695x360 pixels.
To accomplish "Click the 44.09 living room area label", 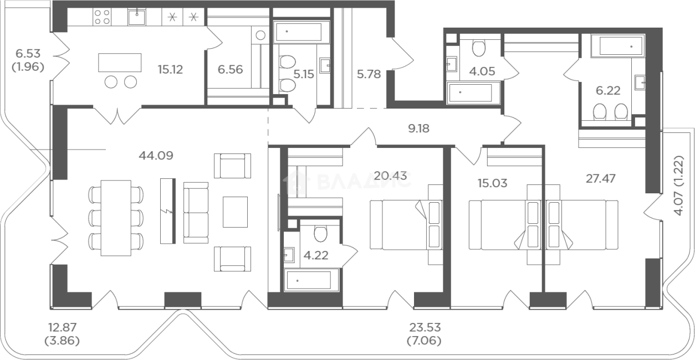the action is [x=156, y=155].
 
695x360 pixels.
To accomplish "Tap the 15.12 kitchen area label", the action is [x=170, y=69].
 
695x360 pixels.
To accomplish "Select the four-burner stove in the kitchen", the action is [x=103, y=17].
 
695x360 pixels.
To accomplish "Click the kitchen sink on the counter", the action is [x=136, y=17].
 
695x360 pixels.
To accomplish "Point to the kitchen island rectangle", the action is [x=120, y=63].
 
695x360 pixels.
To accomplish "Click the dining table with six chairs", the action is [x=116, y=218].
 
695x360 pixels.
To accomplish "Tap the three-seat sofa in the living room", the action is [x=196, y=213].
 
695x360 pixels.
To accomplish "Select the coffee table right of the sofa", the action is [x=235, y=212].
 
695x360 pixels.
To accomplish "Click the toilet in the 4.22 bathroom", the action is [x=320, y=233].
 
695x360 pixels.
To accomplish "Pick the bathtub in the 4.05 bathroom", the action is [x=469, y=92].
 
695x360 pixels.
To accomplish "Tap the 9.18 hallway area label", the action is [x=418, y=128].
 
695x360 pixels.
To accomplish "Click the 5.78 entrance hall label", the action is [x=369, y=74].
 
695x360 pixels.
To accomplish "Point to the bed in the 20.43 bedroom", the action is [x=406, y=224].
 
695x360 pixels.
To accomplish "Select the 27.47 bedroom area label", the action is [x=601, y=178].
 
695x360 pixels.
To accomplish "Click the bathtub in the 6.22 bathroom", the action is [x=617, y=46].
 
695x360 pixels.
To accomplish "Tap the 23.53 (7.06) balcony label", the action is [x=425, y=334].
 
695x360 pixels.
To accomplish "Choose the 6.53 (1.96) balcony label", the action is [x=28, y=60].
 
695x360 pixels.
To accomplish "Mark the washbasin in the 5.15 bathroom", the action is [x=325, y=65].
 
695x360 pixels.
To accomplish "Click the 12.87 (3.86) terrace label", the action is [x=63, y=334].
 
